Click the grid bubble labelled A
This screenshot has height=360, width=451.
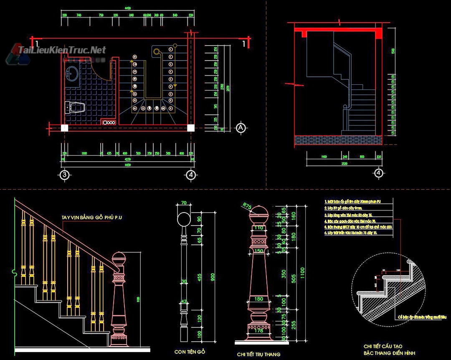241,128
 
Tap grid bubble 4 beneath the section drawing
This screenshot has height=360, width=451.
378,172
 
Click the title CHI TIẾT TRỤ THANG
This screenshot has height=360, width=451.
258,354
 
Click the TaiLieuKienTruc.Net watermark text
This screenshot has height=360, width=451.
62,50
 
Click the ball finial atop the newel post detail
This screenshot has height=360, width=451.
258,213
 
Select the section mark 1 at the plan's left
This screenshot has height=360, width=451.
37,43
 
